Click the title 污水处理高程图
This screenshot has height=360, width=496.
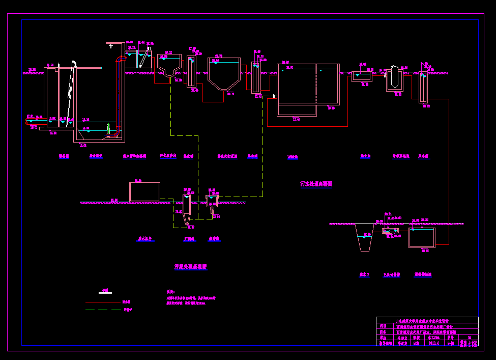click(316, 184)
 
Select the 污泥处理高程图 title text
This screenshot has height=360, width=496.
click(191, 266)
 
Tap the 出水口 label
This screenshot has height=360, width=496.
click(364, 274)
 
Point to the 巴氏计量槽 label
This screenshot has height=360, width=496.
click(391, 274)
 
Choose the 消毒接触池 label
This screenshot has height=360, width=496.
click(423, 274)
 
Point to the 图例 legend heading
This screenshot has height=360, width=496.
click(105, 290)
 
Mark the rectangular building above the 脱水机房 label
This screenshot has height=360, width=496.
click(144, 192)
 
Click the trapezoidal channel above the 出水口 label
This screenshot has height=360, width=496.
click(364, 237)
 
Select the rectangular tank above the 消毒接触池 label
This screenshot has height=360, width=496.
click(422, 238)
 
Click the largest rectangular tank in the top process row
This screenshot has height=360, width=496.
click(308, 90)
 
